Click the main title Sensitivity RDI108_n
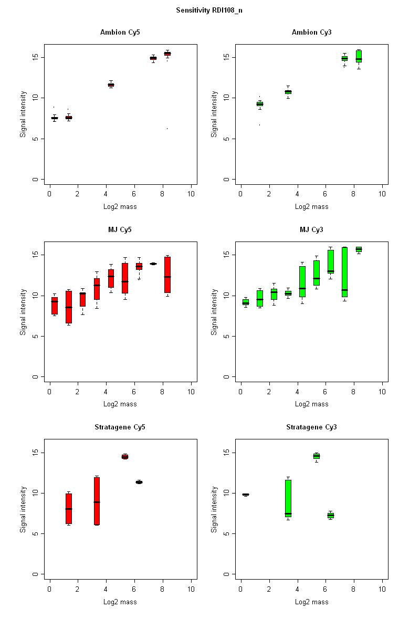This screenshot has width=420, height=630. click(209, 10)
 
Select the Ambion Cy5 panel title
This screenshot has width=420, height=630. click(120, 33)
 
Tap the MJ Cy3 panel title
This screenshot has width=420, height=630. click(311, 229)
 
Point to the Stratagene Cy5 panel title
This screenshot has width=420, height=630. click(120, 427)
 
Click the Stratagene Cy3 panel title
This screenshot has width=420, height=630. click(311, 427)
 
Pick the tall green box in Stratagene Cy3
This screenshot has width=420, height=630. click(288, 498)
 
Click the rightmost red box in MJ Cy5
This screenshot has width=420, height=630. click(167, 275)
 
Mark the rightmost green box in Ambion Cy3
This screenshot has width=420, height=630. click(359, 56)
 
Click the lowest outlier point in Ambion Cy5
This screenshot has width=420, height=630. click(167, 129)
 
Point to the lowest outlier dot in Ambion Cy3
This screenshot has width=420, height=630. click(259, 125)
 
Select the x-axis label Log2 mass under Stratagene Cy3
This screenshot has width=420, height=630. click(311, 602)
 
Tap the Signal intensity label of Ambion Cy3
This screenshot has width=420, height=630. click(215, 114)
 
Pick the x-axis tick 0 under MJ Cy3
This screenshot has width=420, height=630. click(240, 392)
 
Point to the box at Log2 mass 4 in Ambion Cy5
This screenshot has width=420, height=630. click(111, 85)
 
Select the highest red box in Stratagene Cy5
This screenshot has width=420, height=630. click(125, 457)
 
